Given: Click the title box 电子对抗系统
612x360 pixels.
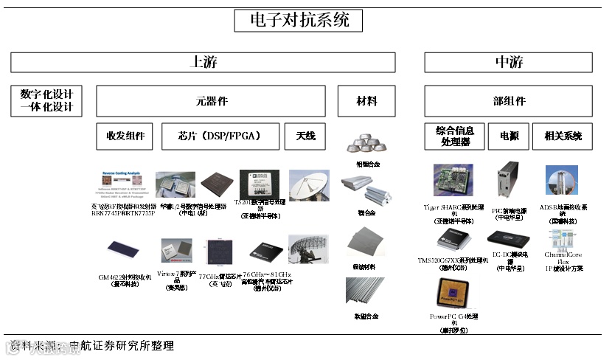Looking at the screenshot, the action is coord(299,20).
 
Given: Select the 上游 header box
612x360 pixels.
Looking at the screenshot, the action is coord(203,62).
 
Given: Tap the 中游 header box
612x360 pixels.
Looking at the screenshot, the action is coord(510,62).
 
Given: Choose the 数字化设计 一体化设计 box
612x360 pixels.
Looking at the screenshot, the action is coord(47,101).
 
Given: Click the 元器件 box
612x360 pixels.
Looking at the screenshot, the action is coord(210,101).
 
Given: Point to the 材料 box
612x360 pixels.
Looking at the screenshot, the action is coord(366,101).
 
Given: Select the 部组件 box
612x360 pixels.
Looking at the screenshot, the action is coord(510,101).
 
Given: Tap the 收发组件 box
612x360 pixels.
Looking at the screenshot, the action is coord(125,136).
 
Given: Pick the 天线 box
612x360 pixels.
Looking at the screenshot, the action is coord(305,136).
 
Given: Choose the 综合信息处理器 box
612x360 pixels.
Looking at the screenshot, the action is coord(454,136).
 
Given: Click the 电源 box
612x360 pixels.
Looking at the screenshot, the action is coord(509,136).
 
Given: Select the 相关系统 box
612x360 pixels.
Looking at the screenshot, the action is coord(563,136).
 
